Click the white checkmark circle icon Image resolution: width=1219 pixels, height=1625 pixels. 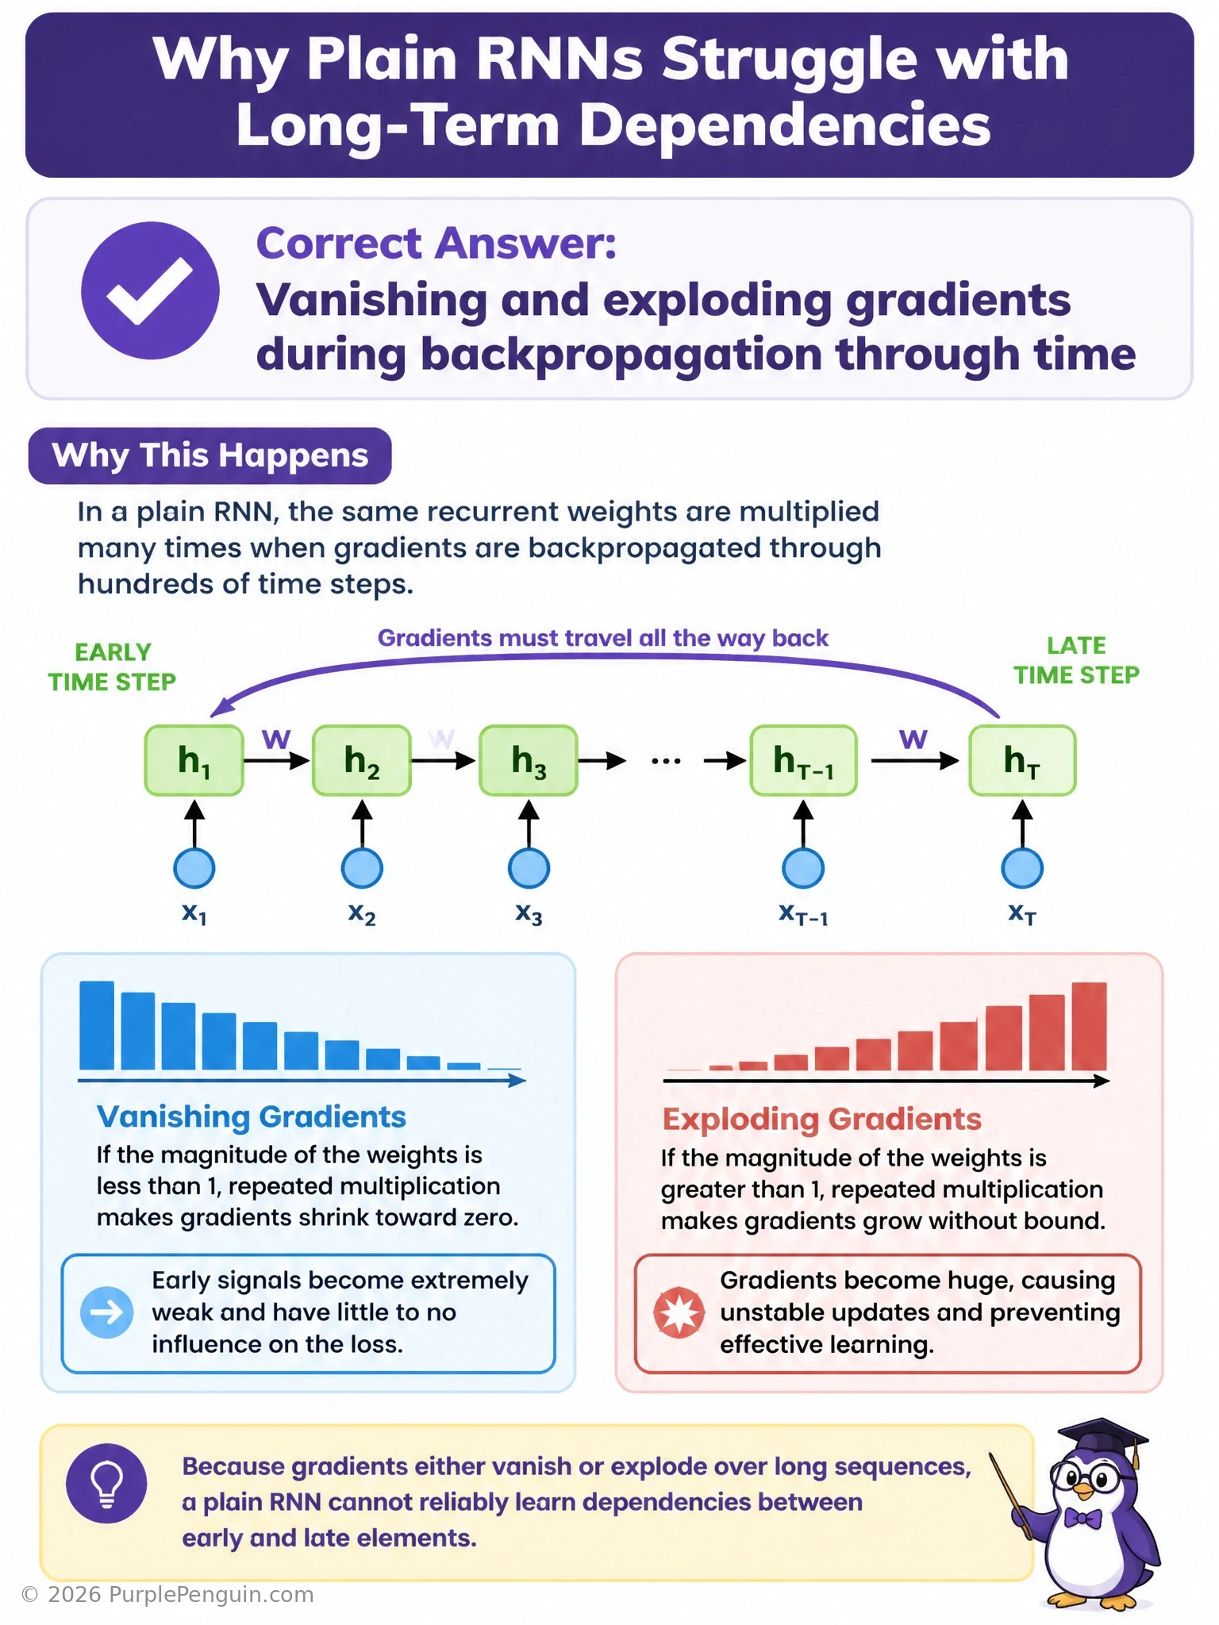coord(150,290)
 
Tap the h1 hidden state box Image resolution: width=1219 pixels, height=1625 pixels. coord(194,760)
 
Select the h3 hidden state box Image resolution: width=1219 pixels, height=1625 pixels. coord(529,760)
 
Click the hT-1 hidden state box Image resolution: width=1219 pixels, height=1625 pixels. coord(803,760)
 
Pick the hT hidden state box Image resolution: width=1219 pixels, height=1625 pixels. coord(1022,760)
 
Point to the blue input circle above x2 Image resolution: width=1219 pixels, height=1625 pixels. coord(362,868)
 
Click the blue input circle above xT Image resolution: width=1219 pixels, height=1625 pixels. coord(1022,868)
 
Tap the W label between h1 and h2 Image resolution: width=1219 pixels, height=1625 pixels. coord(276,740)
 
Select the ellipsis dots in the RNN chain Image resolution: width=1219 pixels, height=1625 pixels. coord(666,761)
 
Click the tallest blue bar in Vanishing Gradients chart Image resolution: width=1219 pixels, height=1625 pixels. coord(97,1025)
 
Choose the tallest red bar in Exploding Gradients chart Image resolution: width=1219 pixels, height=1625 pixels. coord(1089,1027)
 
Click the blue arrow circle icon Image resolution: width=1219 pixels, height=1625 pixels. coord(107,1312)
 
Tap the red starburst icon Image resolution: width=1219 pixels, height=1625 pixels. coord(679,1312)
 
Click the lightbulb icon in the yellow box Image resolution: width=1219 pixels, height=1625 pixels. coord(106,1483)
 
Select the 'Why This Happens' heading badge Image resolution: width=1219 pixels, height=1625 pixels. coord(210,455)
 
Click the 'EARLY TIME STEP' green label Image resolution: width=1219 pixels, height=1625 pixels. coord(112,667)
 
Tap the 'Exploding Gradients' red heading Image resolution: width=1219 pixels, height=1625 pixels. coord(822,1119)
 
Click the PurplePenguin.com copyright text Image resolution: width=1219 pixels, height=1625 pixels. coord(167,1594)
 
